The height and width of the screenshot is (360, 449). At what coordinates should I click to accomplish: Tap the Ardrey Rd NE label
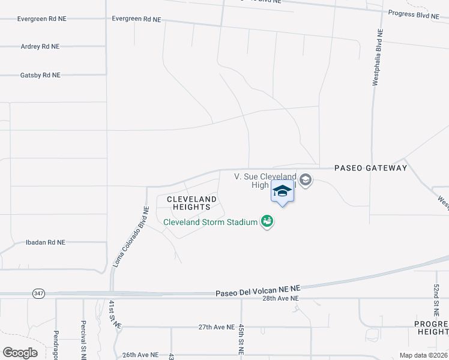[40, 46]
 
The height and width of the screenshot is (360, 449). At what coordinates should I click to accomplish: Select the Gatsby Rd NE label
[40, 75]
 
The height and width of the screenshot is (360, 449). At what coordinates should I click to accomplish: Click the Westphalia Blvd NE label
[376, 58]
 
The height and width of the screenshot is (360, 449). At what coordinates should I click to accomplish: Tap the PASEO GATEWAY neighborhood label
[370, 168]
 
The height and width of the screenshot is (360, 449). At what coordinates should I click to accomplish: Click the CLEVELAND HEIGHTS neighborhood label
[191, 203]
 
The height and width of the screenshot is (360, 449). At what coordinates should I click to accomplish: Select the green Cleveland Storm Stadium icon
[267, 222]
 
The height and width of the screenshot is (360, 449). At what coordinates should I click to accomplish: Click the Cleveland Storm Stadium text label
[211, 223]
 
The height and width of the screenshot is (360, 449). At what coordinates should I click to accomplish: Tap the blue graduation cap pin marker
[282, 193]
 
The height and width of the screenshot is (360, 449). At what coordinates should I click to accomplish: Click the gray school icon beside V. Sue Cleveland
[306, 180]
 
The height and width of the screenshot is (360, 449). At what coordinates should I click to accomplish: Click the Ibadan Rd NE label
[45, 242]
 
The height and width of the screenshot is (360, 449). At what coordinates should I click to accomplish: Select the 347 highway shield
[38, 293]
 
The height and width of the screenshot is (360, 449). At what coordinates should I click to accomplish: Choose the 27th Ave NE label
[216, 327]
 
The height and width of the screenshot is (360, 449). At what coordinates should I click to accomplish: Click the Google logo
[20, 353]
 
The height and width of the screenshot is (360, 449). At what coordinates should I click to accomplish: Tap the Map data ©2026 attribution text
[423, 355]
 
